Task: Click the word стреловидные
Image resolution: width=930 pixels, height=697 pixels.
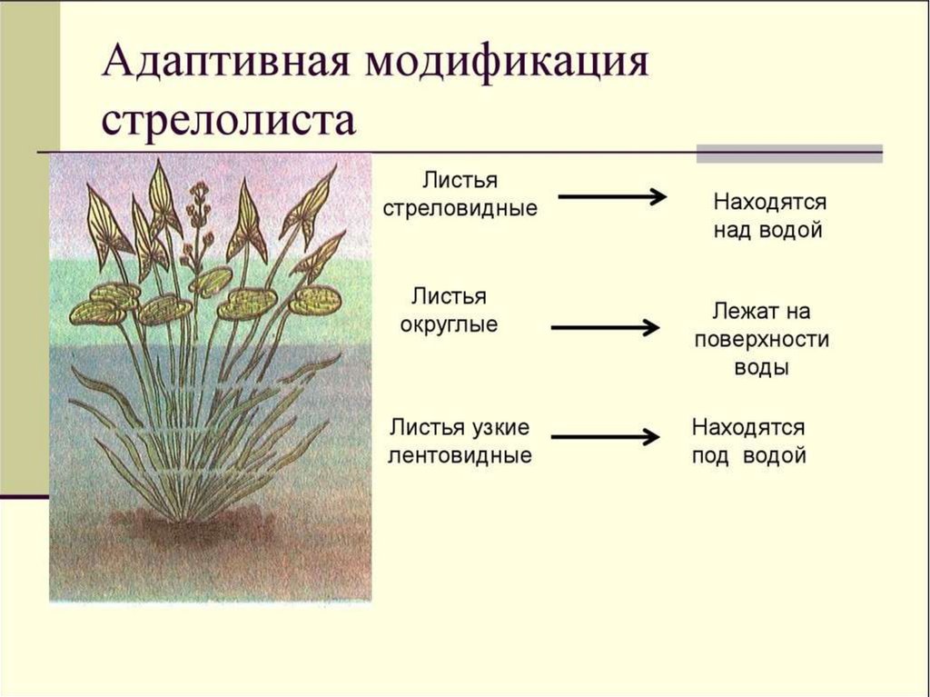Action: [x=460, y=208]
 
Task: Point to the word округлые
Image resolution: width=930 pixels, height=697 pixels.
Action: [x=449, y=324]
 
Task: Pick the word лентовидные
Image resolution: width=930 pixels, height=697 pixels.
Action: [x=460, y=455]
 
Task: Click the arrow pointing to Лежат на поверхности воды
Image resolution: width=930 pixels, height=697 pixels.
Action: [x=605, y=327]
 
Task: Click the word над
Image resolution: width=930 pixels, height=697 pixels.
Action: [x=731, y=231]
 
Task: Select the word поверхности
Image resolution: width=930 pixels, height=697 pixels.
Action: [x=761, y=340]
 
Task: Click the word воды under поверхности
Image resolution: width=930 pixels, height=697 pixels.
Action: [x=762, y=368]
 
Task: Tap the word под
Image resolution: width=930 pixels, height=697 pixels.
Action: [x=710, y=455]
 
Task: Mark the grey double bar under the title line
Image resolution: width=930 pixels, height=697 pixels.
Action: [x=788, y=154]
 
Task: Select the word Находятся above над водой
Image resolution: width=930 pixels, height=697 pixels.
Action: [x=769, y=202]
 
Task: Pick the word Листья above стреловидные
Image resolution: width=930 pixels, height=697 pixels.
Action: [x=460, y=180]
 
